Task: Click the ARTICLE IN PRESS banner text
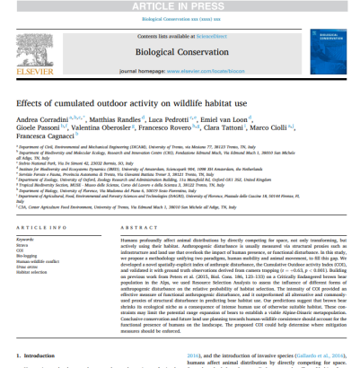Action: [x=180, y=5]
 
